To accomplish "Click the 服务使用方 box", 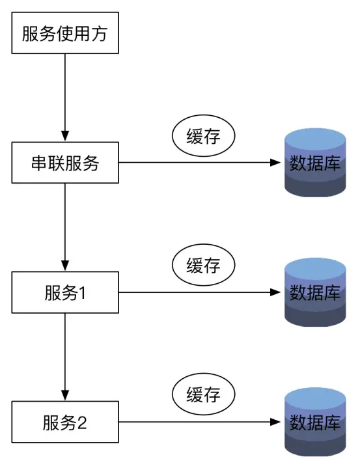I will (65, 33).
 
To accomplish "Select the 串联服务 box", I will (65, 163).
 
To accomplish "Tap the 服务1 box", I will (65, 292).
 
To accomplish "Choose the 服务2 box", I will (65, 422).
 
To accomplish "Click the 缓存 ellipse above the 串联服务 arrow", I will (203, 136).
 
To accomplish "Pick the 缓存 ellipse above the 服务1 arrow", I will (203, 266).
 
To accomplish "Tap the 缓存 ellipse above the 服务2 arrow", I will (203, 395).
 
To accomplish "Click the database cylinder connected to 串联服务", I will (316, 163).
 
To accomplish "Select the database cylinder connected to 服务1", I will (316, 292).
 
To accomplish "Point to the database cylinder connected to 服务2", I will (316, 422).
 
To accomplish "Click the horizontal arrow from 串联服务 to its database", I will (195, 163).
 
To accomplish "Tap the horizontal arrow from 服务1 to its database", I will (195, 292).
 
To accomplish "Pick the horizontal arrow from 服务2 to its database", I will (195, 422).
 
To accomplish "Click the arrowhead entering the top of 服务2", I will (65, 396).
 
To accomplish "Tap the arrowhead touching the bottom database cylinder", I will (277, 422).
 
